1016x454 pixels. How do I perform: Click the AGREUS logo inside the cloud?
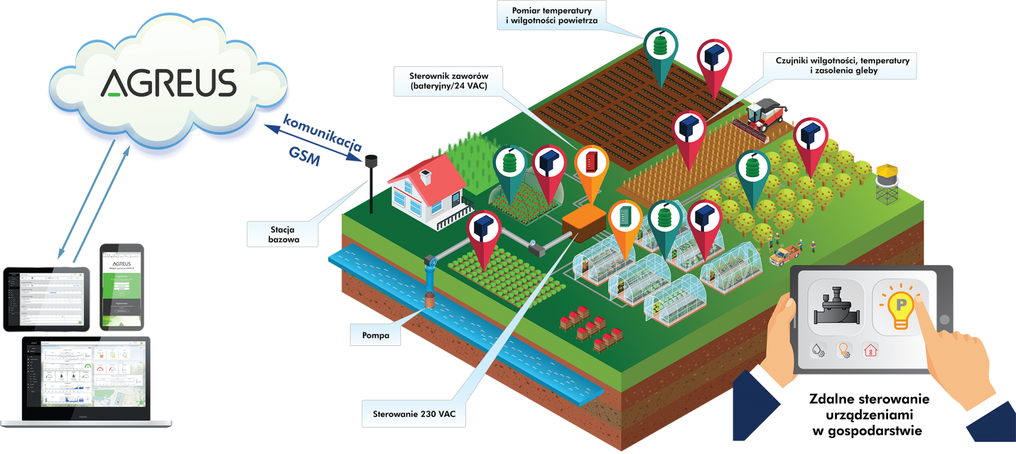169,83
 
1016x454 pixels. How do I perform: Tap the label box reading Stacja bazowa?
283,234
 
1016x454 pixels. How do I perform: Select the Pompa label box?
375,335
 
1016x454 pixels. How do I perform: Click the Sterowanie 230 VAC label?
414,414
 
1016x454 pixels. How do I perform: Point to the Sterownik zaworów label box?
448,81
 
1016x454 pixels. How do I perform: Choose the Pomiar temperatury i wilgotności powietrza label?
551,16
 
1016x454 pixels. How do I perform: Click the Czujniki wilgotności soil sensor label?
842,65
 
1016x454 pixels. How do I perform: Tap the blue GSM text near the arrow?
304,156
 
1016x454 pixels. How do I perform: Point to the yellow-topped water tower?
887,182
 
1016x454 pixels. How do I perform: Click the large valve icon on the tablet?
836,306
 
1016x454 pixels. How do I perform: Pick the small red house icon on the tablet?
870,350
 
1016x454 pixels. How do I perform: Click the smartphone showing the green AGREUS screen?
122,287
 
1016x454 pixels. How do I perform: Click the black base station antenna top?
371,160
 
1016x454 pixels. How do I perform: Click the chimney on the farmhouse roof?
425,177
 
